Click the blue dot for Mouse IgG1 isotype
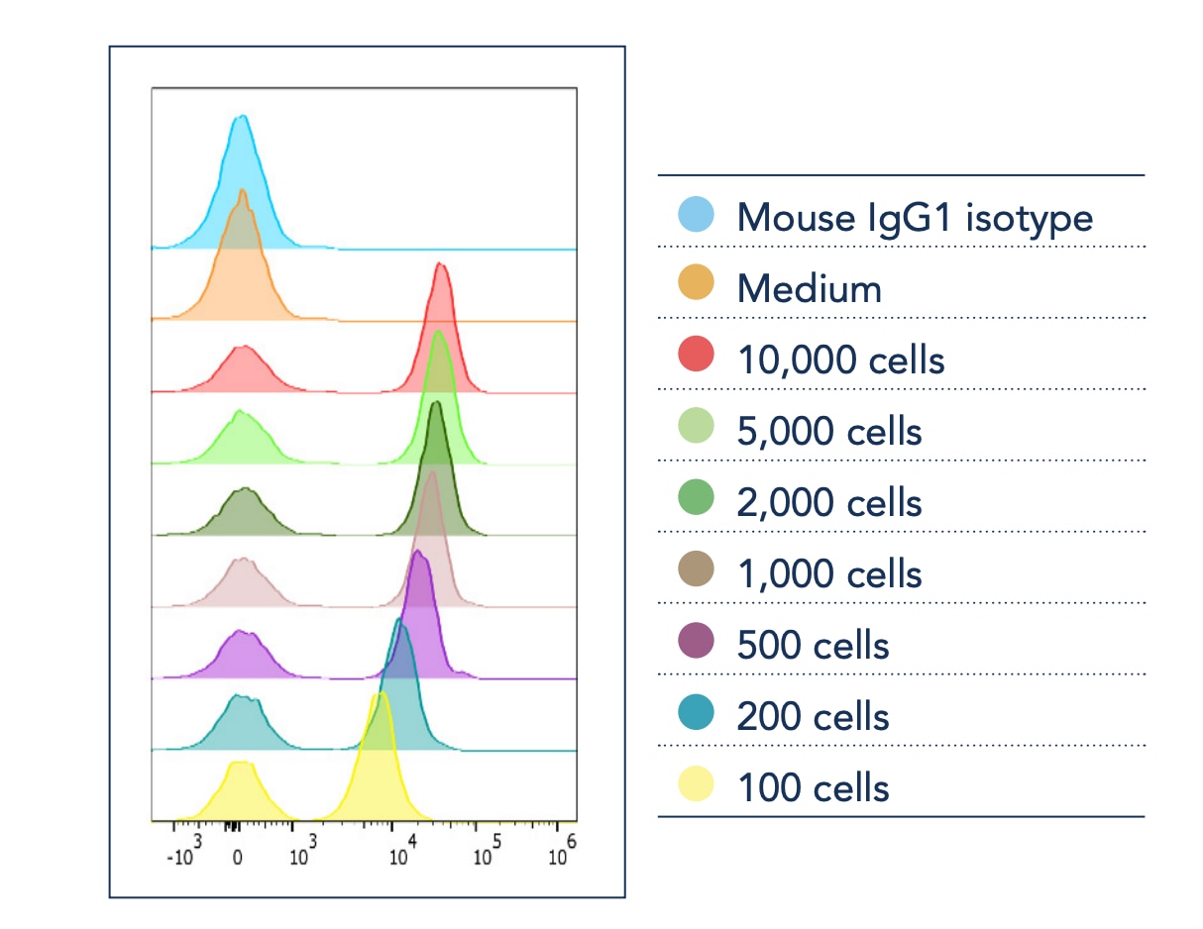pos(696,214)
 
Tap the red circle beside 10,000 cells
pos(696,357)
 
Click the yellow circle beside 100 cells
pos(696,784)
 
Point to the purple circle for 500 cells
pos(696,642)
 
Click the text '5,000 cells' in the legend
pos(828,432)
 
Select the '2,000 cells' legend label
pos(828,503)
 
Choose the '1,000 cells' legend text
pos(828,574)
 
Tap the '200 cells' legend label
pos(813,717)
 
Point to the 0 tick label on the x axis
pos(237,859)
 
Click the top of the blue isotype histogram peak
pos(240,118)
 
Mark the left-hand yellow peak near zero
pos(239,765)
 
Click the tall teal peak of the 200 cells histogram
pos(399,622)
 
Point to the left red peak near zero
pos(241,349)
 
